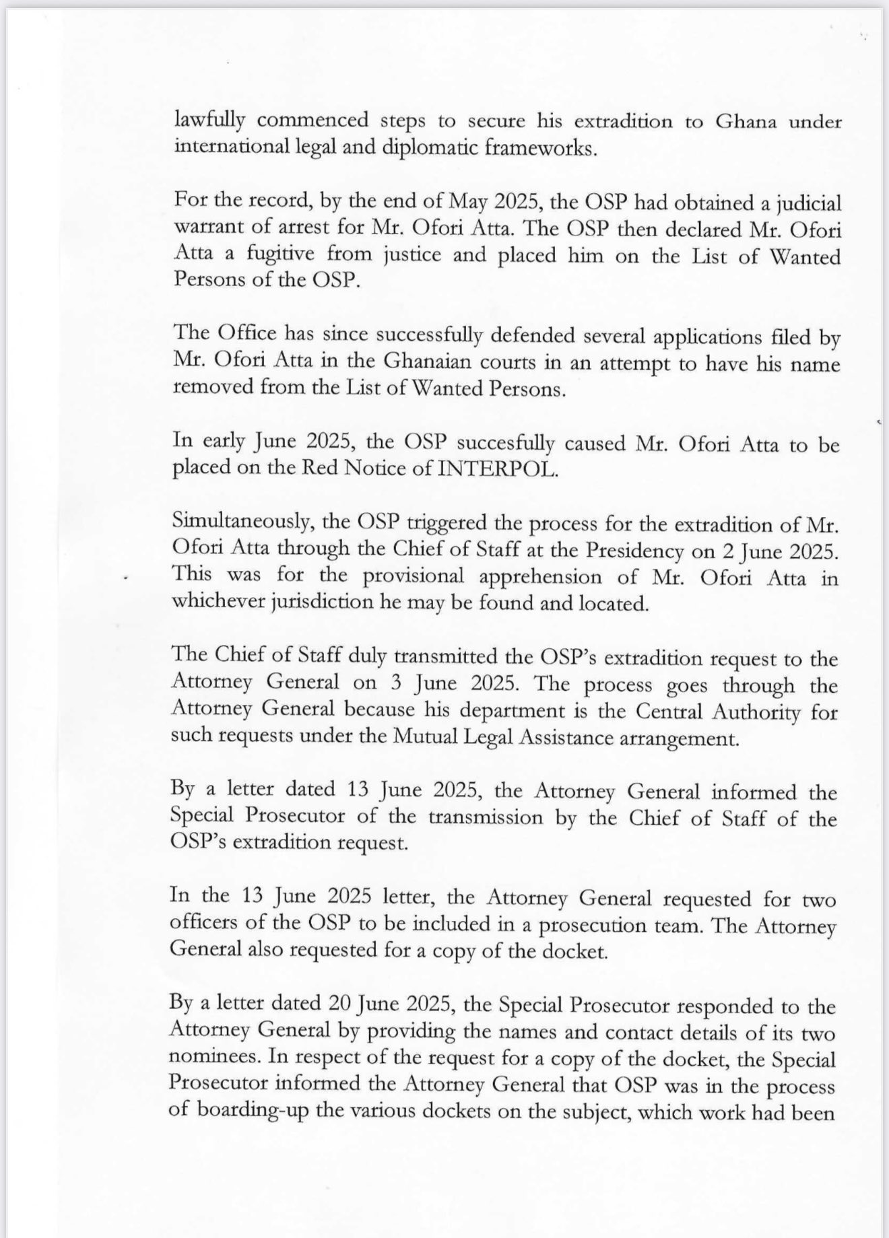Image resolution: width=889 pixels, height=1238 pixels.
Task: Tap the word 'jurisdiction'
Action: pyautogui.click(x=318, y=603)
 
